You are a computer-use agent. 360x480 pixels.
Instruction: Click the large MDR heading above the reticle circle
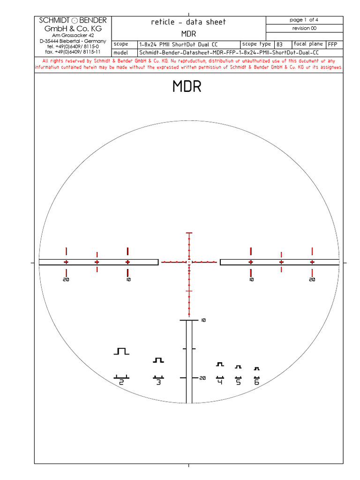(187, 87)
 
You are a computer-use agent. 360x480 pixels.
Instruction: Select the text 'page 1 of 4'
(304, 20)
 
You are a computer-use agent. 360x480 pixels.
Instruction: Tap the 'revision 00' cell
(304, 28)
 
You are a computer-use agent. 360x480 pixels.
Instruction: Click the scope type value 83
(279, 44)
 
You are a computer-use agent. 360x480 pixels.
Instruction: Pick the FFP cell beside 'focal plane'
(332, 44)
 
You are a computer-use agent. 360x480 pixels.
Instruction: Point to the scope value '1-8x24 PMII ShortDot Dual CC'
(179, 44)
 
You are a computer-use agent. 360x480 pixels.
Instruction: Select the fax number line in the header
(73, 52)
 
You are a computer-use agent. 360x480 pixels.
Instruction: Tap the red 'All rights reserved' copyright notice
(188, 64)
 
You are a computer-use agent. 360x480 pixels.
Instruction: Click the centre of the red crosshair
(189, 262)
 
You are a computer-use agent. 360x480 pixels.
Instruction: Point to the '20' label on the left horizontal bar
(66, 279)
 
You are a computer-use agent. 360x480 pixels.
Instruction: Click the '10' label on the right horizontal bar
(251, 279)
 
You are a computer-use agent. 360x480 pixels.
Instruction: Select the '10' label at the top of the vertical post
(203, 321)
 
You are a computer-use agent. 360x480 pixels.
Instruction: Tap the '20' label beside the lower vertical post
(202, 378)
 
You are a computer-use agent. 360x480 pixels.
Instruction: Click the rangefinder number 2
(121, 382)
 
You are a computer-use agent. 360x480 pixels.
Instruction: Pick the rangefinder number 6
(256, 382)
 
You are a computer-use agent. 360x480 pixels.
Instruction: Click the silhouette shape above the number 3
(158, 360)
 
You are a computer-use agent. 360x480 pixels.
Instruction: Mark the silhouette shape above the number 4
(220, 364)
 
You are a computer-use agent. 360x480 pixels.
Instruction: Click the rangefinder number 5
(238, 382)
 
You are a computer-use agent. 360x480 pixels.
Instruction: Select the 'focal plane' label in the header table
(307, 44)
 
